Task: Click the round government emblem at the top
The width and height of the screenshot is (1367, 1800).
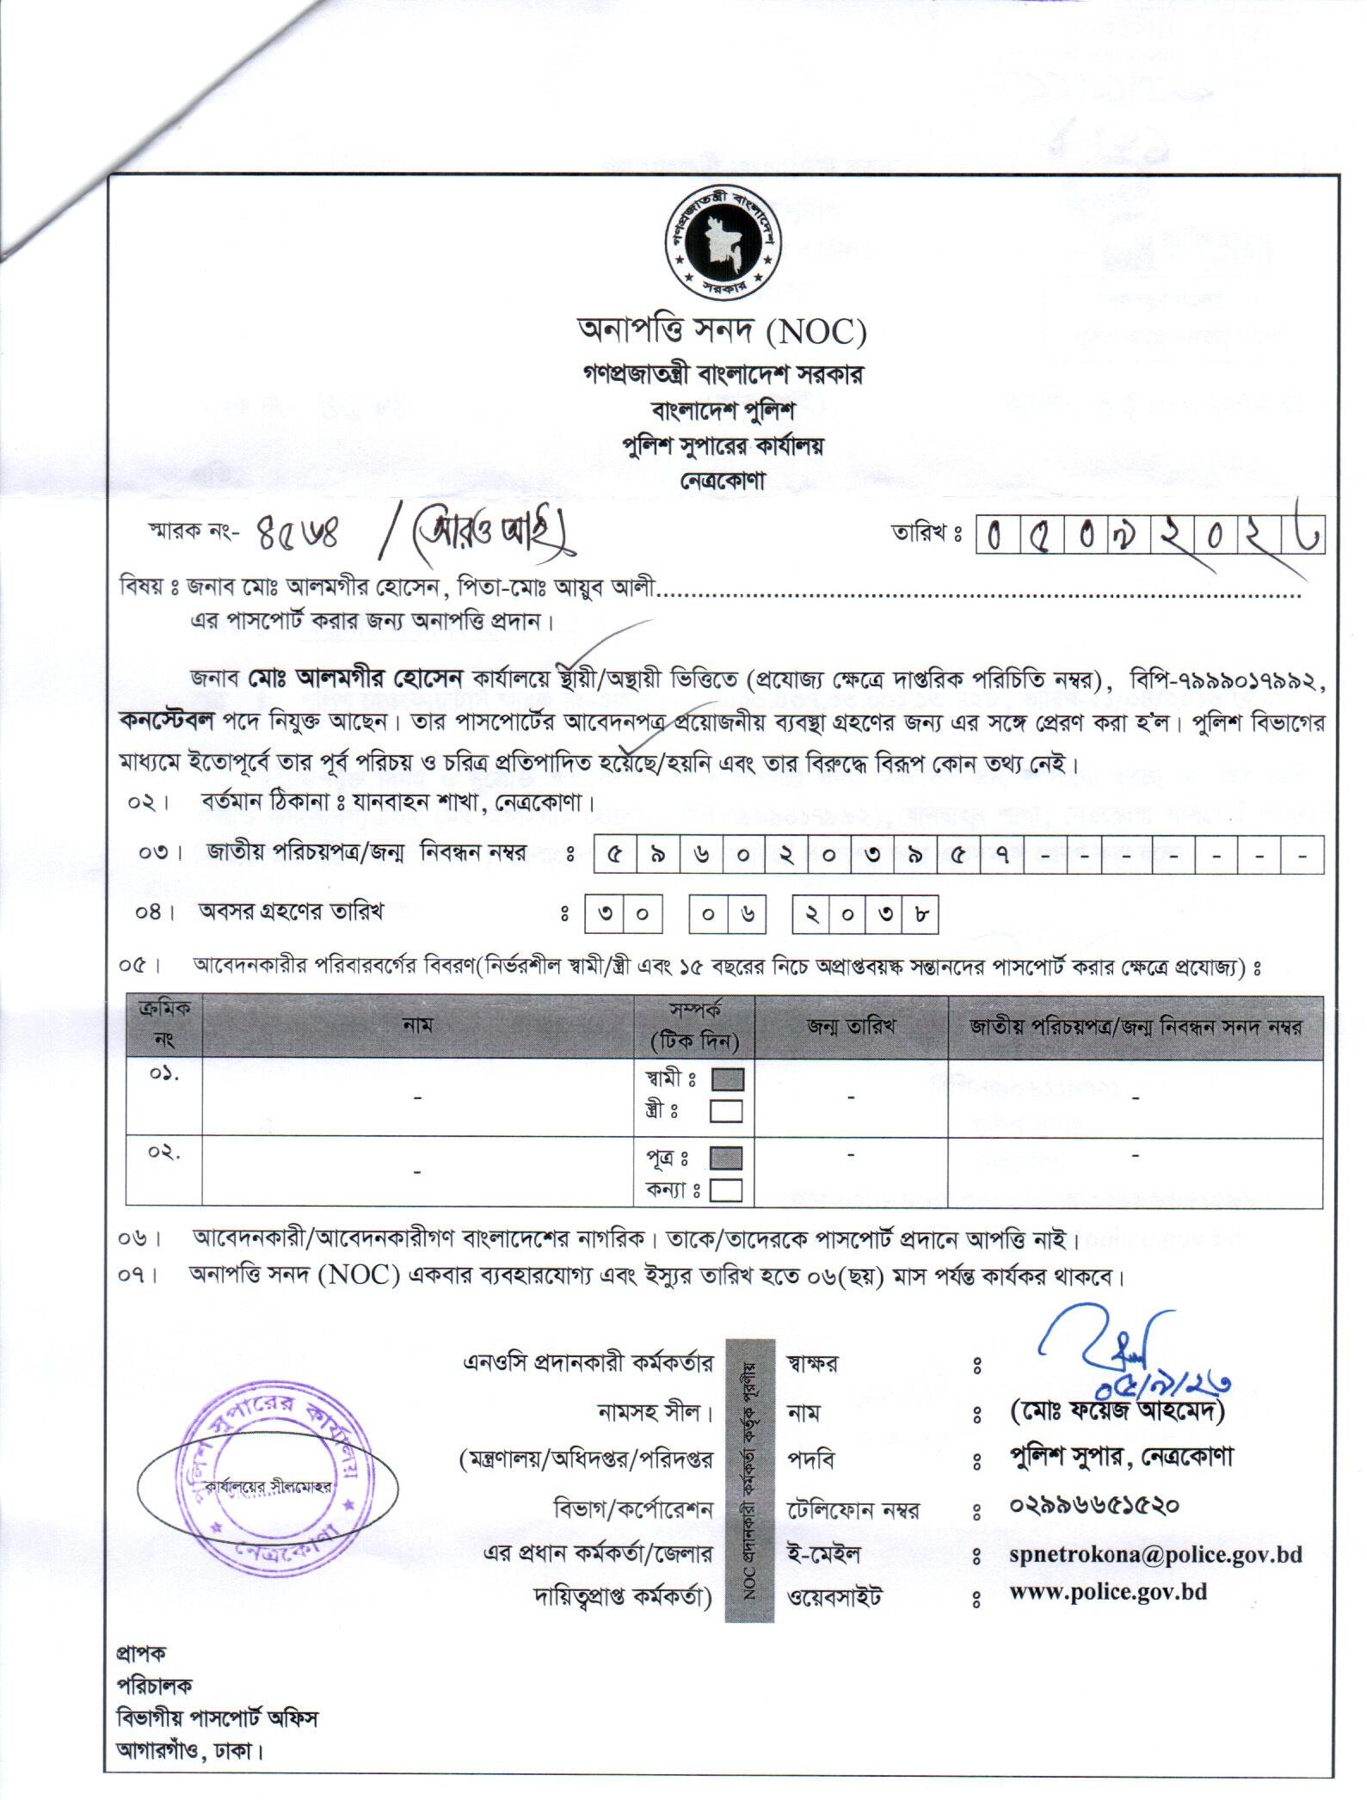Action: click(721, 246)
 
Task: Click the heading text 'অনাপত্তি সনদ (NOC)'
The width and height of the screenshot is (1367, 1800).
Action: click(721, 330)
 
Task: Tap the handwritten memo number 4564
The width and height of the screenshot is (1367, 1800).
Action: click(299, 537)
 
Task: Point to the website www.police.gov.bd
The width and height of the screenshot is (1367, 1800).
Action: click(1108, 1591)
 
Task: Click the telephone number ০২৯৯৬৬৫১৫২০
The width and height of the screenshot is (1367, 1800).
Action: click(1093, 1505)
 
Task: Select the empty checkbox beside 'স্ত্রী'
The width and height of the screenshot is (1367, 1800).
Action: click(725, 1111)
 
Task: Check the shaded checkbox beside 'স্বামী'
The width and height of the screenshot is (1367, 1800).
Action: click(727, 1078)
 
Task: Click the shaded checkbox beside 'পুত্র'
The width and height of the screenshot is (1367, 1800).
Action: click(727, 1158)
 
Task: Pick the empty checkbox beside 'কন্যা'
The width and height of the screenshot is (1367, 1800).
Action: click(727, 1189)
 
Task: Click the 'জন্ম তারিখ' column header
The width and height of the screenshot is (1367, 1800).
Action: click(851, 1026)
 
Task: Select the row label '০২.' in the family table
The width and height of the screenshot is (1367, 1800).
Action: click(163, 1154)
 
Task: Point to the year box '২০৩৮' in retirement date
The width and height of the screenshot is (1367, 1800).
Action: click(864, 915)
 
